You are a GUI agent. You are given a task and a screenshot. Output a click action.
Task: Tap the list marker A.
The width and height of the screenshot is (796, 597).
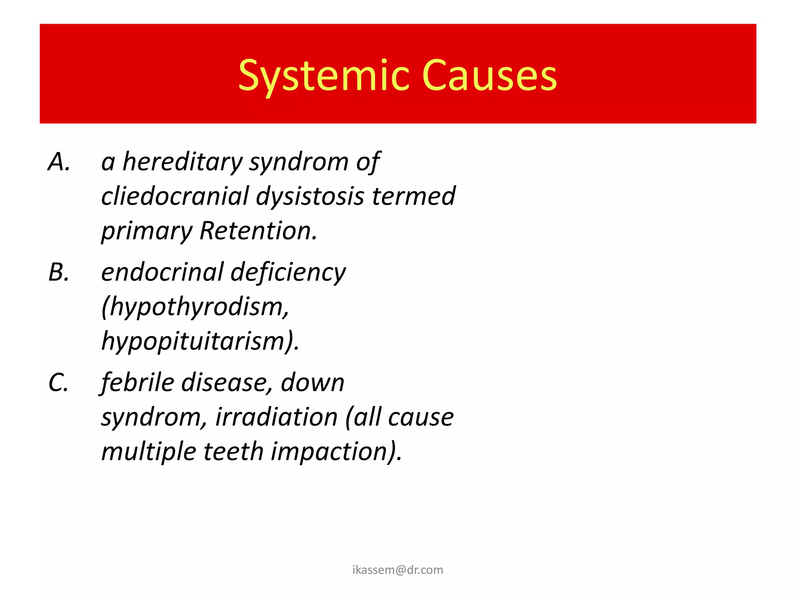[59, 162]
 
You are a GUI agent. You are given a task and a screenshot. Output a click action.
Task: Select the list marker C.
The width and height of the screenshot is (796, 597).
[59, 382]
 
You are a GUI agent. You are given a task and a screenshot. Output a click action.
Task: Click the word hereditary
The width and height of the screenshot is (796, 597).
[182, 162]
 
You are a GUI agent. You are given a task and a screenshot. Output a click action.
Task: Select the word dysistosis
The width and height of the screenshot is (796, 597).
[310, 196]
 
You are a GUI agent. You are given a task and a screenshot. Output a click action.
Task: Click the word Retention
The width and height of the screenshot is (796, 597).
[258, 230]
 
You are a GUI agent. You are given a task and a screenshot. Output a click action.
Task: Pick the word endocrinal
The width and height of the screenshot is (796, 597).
[162, 272]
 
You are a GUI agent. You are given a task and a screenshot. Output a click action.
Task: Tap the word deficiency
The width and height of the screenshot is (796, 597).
[288, 272]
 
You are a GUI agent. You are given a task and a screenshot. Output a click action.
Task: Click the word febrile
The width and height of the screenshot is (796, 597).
[138, 382]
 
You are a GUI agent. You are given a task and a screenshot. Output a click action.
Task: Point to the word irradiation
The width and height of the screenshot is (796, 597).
[276, 417]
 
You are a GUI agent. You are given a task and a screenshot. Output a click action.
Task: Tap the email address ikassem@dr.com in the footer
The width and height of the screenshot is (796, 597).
[398, 570]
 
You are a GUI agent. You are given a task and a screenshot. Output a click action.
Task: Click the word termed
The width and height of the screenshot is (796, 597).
[414, 196]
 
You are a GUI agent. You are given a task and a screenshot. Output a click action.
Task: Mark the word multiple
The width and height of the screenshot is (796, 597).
[148, 451]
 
